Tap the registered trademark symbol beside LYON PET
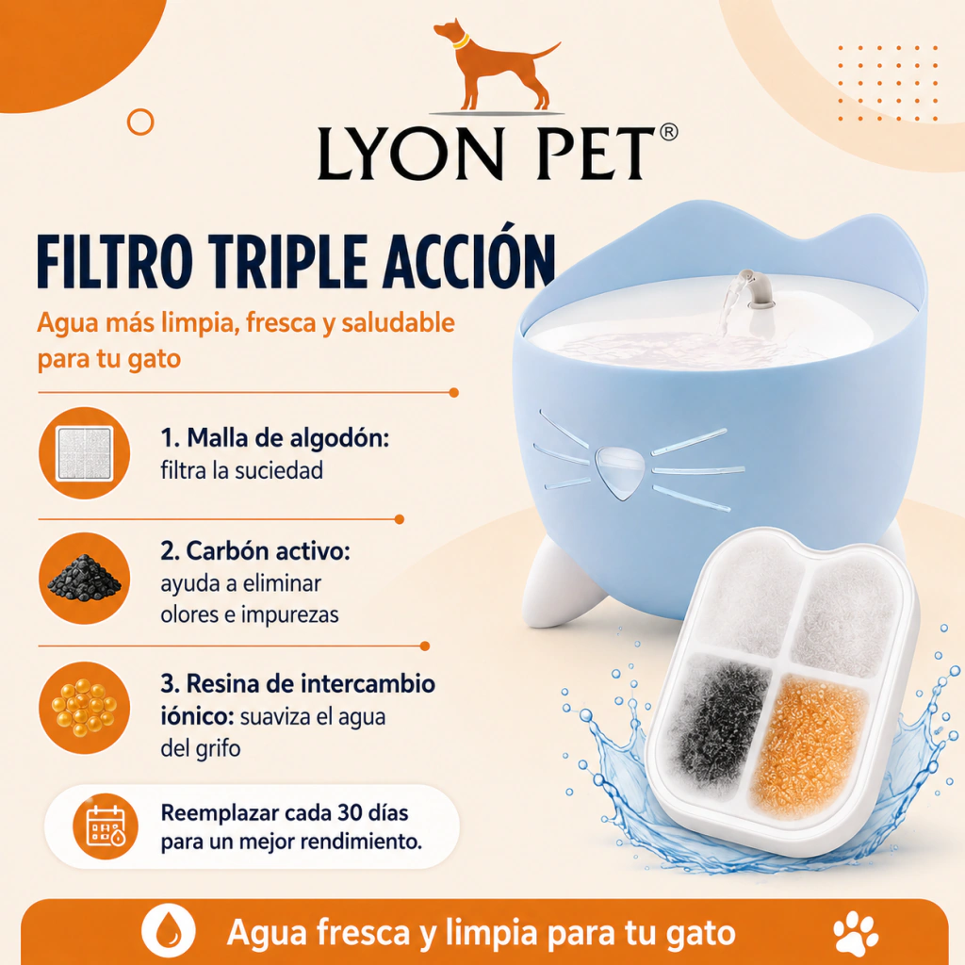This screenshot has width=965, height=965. pyautogui.click(x=668, y=132)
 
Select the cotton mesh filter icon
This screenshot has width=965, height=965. pyautogui.click(x=84, y=453)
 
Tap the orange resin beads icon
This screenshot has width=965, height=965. pyautogui.click(x=84, y=708)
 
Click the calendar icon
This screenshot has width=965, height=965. pyautogui.click(x=106, y=826)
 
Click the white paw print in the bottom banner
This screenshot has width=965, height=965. pyautogui.click(x=856, y=933)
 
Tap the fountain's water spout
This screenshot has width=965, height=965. pyautogui.click(x=756, y=289)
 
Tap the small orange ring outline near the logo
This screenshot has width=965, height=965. pyautogui.click(x=140, y=122)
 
